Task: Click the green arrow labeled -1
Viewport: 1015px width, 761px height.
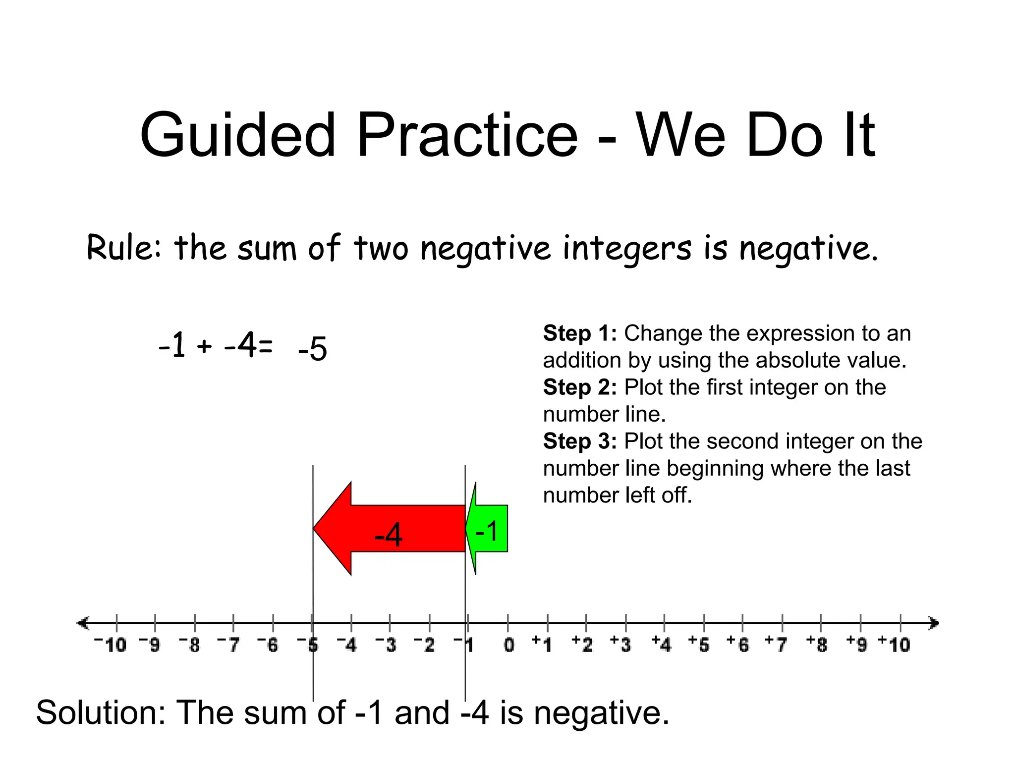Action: [488, 529]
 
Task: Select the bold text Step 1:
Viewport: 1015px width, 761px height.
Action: [580, 333]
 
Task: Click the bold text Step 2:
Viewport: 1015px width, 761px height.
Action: [580, 387]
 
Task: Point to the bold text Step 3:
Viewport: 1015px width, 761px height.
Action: [580, 441]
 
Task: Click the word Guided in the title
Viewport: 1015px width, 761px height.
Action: [238, 135]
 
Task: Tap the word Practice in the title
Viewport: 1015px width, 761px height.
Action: [467, 135]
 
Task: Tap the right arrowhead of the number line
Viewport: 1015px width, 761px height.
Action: [934, 623]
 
